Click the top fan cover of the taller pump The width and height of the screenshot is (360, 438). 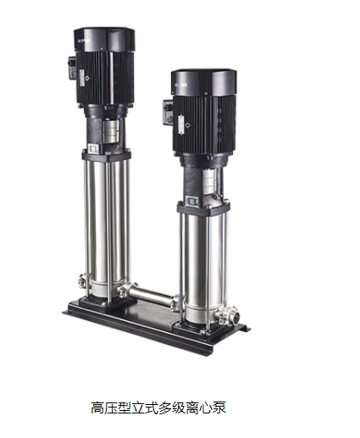point(104,40)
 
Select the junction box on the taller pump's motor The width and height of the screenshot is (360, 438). point(72,67)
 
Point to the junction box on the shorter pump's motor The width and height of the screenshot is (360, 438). point(168,111)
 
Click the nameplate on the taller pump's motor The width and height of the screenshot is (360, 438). point(82,78)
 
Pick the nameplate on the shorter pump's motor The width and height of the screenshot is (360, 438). point(180,125)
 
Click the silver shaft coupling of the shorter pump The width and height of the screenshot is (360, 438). point(209,181)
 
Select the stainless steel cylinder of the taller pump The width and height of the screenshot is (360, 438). point(107,227)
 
